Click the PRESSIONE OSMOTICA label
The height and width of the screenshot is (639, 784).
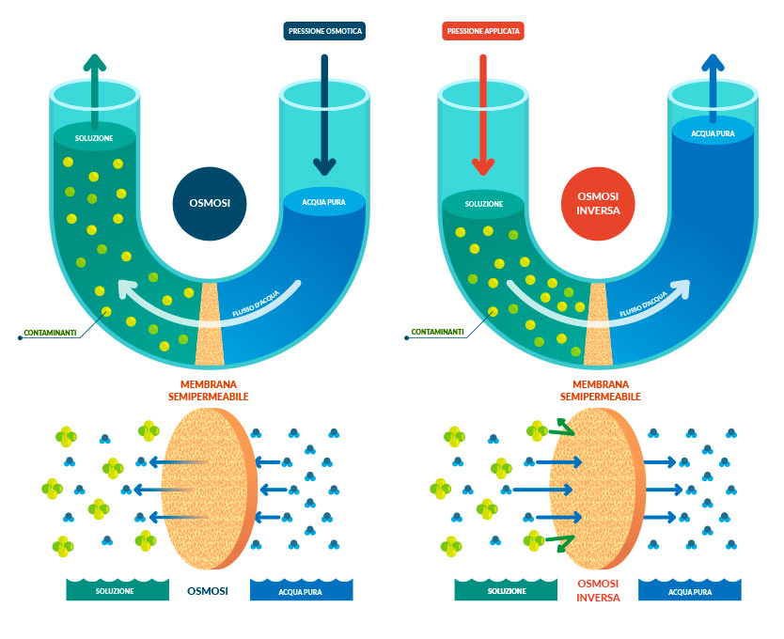[x=323, y=31]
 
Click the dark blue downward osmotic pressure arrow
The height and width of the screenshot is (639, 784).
[x=324, y=113]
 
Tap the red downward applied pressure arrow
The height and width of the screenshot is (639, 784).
[x=482, y=113]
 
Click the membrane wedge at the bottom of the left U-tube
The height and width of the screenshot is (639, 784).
[x=209, y=324]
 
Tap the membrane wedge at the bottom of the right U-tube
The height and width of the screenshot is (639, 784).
[x=599, y=324]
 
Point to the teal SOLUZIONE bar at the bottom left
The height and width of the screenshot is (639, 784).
[x=114, y=590]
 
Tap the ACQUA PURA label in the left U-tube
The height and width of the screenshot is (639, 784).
[x=324, y=202]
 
